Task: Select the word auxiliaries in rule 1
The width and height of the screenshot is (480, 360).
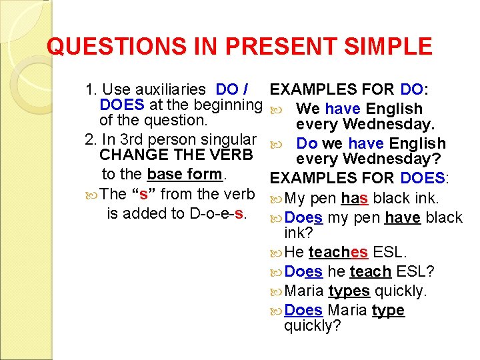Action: coord(175,89)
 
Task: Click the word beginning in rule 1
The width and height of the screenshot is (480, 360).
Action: coord(229,105)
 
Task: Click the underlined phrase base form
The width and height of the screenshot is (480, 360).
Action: coord(185,175)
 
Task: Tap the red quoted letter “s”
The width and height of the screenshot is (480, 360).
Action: coord(143,195)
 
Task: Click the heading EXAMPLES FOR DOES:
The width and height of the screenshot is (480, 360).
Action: coord(359,178)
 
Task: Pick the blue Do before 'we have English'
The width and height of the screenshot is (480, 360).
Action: coord(307,143)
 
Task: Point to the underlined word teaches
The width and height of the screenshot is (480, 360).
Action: coord(338,253)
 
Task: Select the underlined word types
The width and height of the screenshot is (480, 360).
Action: coord(349,291)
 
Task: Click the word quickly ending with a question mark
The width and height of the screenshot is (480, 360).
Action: coord(312,326)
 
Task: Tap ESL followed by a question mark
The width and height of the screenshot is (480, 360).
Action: coord(415,272)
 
